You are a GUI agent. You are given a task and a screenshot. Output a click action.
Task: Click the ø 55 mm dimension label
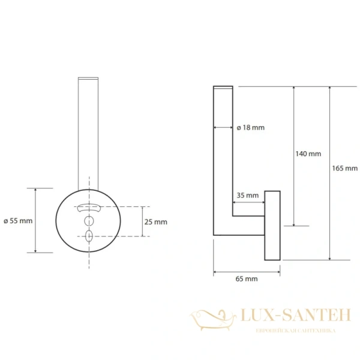[18, 221]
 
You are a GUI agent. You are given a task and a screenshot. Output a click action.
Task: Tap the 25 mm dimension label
[155, 222]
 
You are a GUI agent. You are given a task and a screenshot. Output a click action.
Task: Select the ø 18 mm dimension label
[250, 127]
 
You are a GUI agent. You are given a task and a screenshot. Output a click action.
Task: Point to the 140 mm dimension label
[308, 154]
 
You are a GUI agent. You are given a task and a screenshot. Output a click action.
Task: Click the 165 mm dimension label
[344, 168]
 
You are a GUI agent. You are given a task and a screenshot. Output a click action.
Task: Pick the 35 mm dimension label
[247, 196]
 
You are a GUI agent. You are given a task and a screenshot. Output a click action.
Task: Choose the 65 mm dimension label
[247, 279]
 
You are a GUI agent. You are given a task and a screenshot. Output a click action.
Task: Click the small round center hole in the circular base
[89, 221]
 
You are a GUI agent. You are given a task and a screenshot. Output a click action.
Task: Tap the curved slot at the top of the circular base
[89, 208]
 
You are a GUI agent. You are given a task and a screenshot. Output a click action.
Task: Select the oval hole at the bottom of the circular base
[89, 236]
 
